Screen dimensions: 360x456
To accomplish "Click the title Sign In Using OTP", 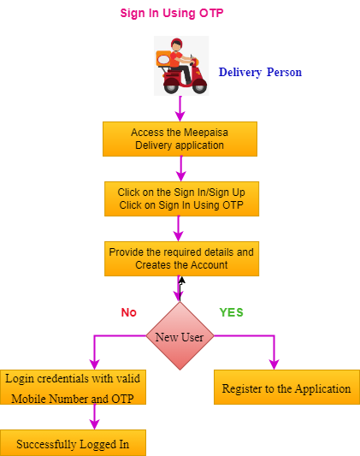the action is (172, 14).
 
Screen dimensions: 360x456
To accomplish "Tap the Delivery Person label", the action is (260, 72).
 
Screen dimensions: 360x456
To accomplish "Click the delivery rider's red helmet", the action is (176, 43).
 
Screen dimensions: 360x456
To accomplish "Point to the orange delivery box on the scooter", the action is (163, 59).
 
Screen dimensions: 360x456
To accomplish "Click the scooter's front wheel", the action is (199, 86).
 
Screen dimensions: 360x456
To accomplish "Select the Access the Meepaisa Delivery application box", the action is (180, 139).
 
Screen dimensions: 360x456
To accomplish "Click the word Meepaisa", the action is (206, 133).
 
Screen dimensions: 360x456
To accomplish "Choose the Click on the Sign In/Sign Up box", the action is (181, 199).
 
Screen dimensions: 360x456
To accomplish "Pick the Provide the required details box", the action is (181, 259).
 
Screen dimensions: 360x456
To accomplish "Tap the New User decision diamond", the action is (180, 336).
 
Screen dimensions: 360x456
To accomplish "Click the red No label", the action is (129, 312).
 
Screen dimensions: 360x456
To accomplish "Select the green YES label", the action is (231, 312).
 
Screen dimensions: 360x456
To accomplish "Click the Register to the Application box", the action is (286, 387).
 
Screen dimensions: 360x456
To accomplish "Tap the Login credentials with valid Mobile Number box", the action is (73, 387).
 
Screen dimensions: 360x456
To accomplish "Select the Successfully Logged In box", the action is (73, 443).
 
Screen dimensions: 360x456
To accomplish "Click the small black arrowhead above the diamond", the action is (182, 281).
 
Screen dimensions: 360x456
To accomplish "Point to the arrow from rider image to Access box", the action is (180, 109).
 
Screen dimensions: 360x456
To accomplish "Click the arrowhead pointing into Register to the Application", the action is (274, 364).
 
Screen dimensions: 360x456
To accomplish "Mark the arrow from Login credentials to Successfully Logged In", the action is (95, 417).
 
